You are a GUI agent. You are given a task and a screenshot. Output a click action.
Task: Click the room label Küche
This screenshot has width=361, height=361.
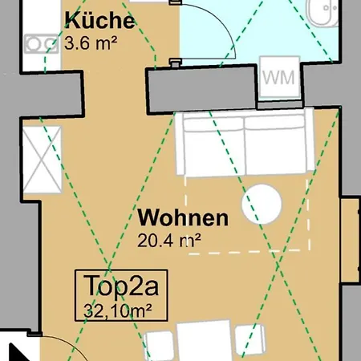(99, 20)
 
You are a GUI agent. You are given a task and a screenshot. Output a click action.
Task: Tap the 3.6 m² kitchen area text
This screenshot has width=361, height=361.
(91, 43)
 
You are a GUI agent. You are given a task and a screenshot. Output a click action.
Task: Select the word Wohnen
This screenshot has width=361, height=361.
(183, 217)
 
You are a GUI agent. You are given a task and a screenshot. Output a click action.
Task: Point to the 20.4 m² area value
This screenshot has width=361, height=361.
(169, 240)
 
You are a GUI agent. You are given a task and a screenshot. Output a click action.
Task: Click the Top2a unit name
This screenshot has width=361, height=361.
(121, 286)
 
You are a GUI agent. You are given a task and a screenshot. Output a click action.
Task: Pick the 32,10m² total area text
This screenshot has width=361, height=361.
(118, 310)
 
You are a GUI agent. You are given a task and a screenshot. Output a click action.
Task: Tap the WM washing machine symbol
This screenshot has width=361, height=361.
(279, 77)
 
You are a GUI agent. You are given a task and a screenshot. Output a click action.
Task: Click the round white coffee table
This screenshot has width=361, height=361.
(262, 204)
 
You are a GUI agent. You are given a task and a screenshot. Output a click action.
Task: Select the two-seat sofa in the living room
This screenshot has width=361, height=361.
(245, 143)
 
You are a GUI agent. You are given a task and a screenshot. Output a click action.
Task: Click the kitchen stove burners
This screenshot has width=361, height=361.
(42, 43)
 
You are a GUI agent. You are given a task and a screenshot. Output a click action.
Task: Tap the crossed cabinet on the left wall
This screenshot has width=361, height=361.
(43, 160)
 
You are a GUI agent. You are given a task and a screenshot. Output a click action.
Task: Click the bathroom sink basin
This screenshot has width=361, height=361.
(322, 12)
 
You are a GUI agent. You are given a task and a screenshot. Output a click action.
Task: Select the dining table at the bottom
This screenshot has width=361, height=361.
(204, 340)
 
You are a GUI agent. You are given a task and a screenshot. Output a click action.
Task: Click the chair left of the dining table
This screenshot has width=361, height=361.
(159, 346)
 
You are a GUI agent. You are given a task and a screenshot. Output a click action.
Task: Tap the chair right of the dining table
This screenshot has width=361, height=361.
(250, 341)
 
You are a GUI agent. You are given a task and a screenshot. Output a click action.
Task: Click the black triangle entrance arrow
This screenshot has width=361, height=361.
(17, 352)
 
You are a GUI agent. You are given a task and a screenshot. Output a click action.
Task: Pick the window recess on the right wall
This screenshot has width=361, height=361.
(350, 239)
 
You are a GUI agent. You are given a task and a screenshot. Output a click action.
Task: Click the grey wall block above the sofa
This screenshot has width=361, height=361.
(201, 90)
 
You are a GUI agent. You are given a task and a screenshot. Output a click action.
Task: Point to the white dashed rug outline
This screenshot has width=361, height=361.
(247, 215)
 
